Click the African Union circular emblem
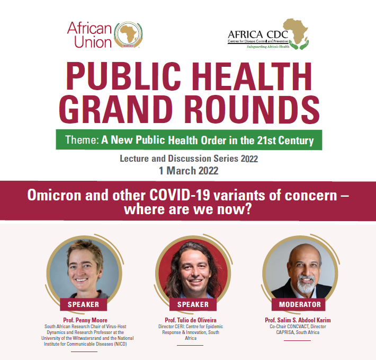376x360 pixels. click(x=128, y=34)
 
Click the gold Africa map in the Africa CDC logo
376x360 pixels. click(x=296, y=31)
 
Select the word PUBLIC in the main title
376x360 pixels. click(x=123, y=76)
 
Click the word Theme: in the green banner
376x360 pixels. click(x=82, y=140)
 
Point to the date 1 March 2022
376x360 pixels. click(x=189, y=171)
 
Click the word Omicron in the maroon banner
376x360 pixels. click(x=55, y=195)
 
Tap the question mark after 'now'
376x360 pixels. click(x=248, y=209)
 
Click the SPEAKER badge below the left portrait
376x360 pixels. click(x=84, y=304)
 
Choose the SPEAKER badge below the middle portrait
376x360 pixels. click(x=193, y=304)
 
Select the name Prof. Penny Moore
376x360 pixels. click(x=85, y=320)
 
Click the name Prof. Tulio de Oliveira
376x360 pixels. click(x=191, y=320)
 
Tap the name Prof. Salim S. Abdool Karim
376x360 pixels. click(x=298, y=320)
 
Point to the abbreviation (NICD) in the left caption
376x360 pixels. click(x=120, y=344)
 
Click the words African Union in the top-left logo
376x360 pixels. click(x=89, y=35)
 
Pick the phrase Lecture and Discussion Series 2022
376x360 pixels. click(x=189, y=159)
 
